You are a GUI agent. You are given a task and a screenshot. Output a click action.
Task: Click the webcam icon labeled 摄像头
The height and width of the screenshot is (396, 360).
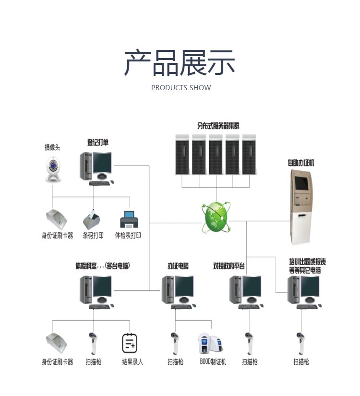(53, 168)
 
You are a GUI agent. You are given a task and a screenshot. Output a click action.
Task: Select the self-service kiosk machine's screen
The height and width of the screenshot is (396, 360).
(302, 183)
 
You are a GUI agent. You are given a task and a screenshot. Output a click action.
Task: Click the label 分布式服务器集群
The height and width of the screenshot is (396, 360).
(218, 125)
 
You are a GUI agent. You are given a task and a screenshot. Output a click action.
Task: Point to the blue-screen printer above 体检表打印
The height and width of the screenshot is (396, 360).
(129, 219)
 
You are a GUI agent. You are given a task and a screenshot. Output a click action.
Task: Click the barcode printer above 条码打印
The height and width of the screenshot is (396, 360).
(92, 219)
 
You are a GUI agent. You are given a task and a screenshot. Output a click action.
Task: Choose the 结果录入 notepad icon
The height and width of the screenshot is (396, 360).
(130, 343)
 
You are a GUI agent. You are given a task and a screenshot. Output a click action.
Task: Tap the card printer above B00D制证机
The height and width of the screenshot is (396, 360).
(211, 343)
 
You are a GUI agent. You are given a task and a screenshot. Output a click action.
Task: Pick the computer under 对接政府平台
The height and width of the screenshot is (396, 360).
(246, 292)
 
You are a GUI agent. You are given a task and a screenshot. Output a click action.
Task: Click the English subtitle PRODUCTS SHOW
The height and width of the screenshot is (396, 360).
(181, 88)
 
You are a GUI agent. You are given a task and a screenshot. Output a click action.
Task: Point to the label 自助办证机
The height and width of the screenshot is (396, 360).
(301, 163)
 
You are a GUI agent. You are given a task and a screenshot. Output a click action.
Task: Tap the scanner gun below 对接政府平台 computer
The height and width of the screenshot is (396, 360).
(249, 343)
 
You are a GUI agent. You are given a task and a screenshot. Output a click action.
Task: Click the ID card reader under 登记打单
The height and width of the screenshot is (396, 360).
(56, 219)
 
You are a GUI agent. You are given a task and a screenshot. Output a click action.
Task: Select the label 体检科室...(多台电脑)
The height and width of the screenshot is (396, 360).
(103, 266)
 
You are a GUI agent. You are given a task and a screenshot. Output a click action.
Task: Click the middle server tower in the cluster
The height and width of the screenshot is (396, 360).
(216, 155)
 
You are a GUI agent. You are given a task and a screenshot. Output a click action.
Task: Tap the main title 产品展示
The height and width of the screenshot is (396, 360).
(180, 62)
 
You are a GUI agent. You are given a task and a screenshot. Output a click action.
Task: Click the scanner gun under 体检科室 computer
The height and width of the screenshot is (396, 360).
(93, 343)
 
